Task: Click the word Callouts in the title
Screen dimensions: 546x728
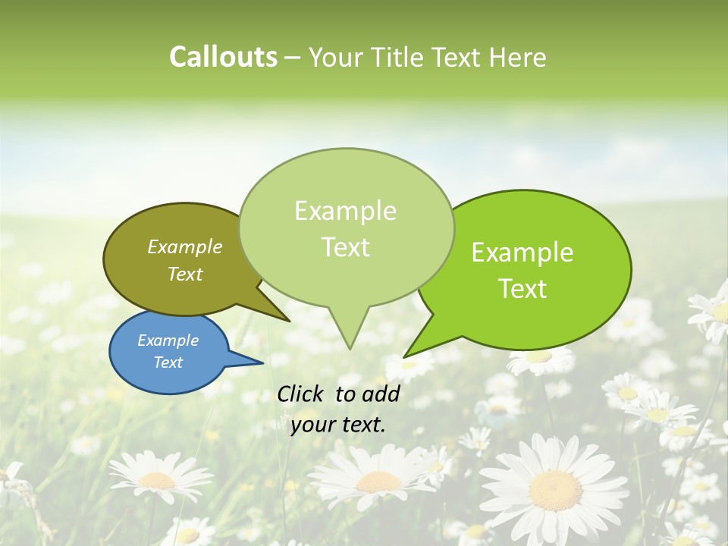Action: [x=223, y=57]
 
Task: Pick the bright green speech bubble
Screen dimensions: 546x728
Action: [x=531, y=270]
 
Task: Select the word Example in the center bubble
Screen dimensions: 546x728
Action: [x=345, y=211]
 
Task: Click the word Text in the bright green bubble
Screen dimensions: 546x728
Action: [x=522, y=288]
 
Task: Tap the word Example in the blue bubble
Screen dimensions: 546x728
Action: [x=168, y=340]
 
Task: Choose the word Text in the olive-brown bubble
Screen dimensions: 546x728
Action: [x=185, y=274]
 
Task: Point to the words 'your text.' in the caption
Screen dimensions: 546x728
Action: [x=338, y=425]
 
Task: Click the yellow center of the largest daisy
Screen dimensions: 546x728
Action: [x=554, y=489]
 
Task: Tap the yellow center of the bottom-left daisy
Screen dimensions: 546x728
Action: [x=157, y=479]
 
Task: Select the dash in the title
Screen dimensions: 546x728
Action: [x=293, y=57]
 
